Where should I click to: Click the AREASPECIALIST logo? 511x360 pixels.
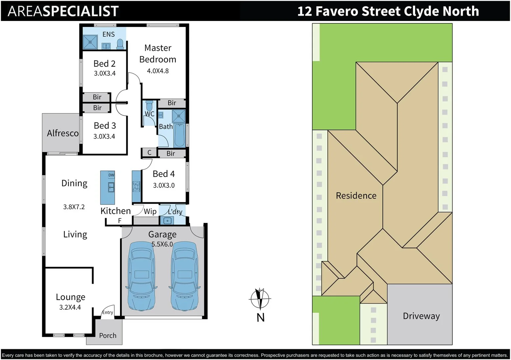pos(63,11)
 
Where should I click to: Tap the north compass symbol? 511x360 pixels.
pos(260,299)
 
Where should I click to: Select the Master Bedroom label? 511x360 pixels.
pos(158,54)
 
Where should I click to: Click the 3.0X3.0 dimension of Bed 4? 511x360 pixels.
pos(164,185)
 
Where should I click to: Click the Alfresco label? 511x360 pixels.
pos(63,133)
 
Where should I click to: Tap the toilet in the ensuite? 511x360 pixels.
pos(120,44)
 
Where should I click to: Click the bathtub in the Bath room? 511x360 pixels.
pos(179,135)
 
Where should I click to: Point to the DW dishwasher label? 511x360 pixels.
pos(111,175)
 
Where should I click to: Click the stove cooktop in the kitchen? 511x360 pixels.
pos(136,186)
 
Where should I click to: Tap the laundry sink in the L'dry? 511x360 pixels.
pos(167,221)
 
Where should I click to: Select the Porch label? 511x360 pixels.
pos(108,336)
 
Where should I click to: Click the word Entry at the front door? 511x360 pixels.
pos(108,312)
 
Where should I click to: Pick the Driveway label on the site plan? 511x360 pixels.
pos(421,316)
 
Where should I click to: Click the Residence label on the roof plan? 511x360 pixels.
pos(356,196)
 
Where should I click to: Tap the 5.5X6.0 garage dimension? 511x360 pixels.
pos(162,244)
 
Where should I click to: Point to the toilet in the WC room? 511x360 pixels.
pos(149,106)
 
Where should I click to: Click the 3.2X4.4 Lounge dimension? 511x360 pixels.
pos(70,307)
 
